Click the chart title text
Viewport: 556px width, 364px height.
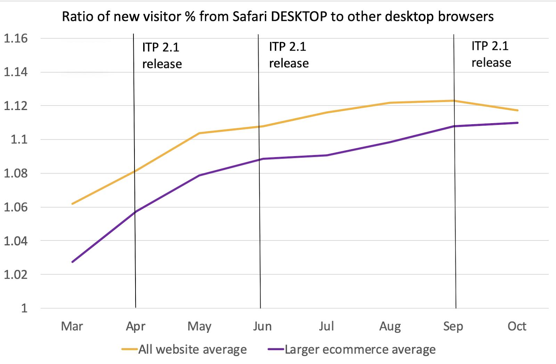tap(278, 17)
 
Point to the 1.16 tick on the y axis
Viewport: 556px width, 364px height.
tap(15, 39)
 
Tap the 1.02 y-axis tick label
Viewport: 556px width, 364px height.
tap(15, 274)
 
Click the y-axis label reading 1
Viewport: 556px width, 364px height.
tap(24, 308)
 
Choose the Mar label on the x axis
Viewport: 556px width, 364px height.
tap(72, 326)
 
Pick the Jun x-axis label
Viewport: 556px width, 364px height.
tap(262, 326)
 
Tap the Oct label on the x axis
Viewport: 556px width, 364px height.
tap(517, 326)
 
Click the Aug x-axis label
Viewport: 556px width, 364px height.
tap(390, 326)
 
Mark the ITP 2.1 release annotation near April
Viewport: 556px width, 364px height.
tap(162, 56)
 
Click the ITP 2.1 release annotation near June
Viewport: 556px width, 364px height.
tap(289, 55)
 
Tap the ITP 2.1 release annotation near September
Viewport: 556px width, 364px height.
tap(491, 54)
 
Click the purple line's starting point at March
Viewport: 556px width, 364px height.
tap(72, 262)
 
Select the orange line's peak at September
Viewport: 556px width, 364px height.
tap(453, 101)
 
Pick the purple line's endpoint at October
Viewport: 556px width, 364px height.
tap(517, 122)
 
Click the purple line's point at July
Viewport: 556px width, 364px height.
tap(327, 155)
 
